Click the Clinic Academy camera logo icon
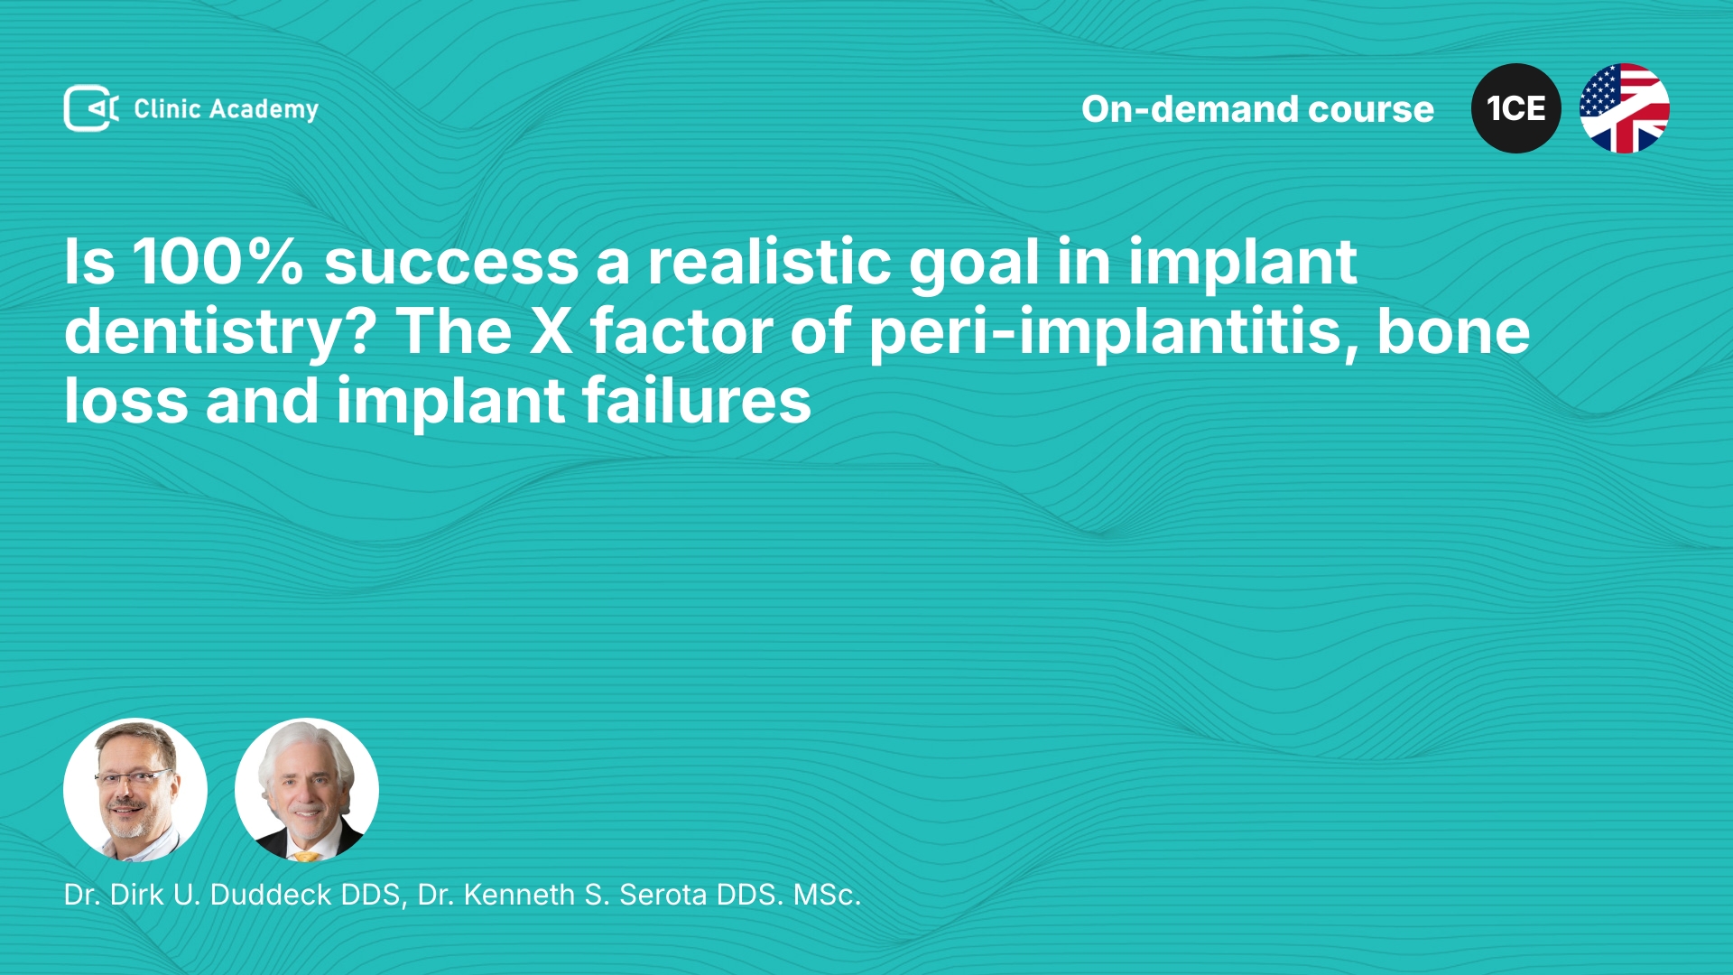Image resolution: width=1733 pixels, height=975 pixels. [91, 108]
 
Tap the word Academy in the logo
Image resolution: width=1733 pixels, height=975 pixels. [264, 109]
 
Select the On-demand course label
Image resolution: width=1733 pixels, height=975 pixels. [1257, 109]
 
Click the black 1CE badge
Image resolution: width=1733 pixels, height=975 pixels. [1516, 108]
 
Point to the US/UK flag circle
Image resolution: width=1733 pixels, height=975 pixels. [1625, 108]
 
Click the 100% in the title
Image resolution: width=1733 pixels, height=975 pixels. [218, 262]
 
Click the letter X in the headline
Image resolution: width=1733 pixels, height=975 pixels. [551, 331]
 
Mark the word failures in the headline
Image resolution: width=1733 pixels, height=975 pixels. [696, 401]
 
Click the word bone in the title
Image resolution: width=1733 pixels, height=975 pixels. [1453, 331]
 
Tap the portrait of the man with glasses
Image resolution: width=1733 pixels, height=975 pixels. [135, 790]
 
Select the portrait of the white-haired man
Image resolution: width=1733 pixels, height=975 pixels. [307, 790]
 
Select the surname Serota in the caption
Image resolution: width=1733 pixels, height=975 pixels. [663, 895]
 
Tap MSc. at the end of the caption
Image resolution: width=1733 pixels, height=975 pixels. [827, 895]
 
